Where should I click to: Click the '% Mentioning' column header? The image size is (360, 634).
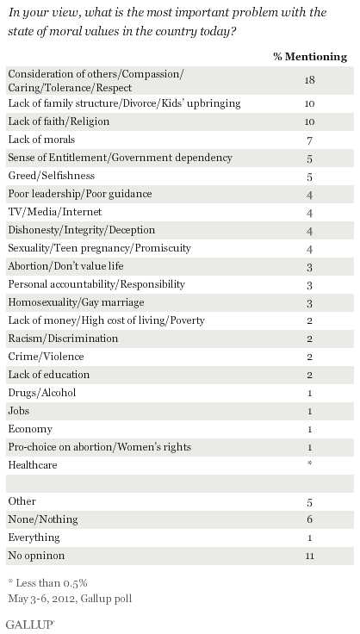[310, 57]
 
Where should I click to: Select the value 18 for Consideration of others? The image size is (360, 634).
[309, 80]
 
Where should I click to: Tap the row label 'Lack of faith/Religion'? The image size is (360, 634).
[59, 121]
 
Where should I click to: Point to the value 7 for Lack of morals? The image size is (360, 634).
[309, 140]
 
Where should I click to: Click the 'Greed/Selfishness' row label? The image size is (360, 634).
[52, 176]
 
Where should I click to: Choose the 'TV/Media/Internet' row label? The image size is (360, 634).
[55, 212]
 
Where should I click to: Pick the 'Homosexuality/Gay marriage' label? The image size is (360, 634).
[76, 302]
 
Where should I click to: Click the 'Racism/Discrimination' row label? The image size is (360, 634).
[63, 339]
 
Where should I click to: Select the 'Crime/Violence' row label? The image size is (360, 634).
[46, 357]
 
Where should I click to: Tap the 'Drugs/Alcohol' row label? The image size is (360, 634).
[42, 393]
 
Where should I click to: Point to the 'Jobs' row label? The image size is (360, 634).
[19, 411]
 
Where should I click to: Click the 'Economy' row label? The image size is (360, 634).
[30, 429]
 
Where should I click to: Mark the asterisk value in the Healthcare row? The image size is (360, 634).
[309, 463]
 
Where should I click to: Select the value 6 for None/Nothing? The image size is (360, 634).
[309, 519]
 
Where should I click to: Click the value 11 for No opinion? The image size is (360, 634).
[309, 556]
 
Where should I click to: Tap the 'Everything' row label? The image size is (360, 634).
[34, 538]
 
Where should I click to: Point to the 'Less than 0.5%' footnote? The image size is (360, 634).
[47, 582]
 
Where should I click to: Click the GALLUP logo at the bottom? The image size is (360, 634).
[30, 625]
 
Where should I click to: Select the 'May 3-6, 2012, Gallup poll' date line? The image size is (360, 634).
[70, 599]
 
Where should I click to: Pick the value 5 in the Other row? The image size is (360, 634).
[309, 502]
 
